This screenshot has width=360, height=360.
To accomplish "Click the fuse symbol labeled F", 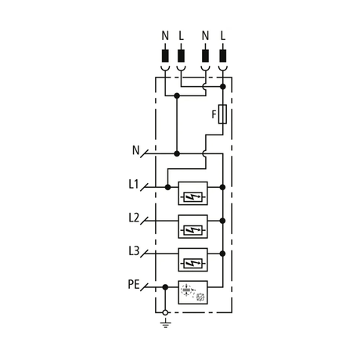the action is (x=222, y=114).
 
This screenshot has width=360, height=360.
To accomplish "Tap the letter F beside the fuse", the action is (x=214, y=114).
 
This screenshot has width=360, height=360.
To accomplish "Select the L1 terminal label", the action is (x=134, y=184).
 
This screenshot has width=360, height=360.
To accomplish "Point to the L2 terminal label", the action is (x=134, y=218).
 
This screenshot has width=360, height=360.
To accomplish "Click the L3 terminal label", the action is (x=134, y=251).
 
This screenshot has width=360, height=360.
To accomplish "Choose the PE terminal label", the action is (x=134, y=284).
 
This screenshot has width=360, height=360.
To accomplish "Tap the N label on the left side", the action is (x=136, y=150).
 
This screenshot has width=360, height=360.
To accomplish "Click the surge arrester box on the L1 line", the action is (x=193, y=193).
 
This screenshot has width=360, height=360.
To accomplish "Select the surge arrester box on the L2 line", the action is (x=193, y=226).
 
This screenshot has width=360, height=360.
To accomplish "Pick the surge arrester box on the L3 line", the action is (x=193, y=260).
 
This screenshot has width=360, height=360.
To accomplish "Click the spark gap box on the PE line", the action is (x=193, y=293).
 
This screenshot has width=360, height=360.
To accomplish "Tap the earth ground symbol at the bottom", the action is (x=165, y=323).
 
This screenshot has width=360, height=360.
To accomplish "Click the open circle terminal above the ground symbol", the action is (x=165, y=312).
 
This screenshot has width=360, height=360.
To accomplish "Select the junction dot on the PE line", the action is (x=165, y=287).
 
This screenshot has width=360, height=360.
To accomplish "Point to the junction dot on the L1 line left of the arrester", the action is (x=167, y=187).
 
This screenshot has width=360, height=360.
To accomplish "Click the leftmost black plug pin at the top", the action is (x=165, y=56).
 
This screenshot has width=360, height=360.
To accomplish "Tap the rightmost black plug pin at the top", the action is (x=223, y=56).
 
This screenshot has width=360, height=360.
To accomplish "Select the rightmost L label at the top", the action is (x=222, y=35).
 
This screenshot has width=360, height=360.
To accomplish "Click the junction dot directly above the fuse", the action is (x=223, y=87).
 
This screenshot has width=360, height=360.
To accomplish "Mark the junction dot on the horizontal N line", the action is (x=177, y=153).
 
